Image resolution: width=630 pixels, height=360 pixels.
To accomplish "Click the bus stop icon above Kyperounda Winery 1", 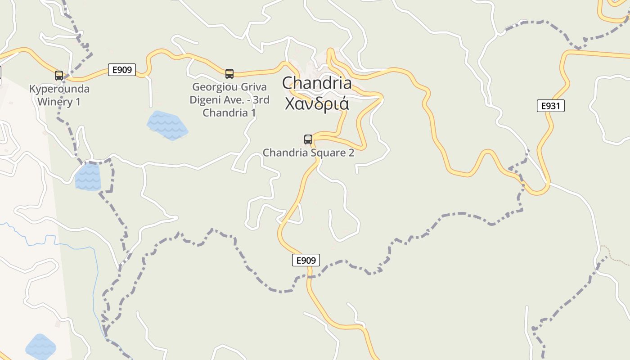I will pyautogui.click(x=59, y=75).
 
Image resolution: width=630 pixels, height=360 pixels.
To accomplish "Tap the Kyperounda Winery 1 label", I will pyautogui.click(x=59, y=95).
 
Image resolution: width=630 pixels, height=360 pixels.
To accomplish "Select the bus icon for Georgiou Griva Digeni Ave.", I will pyautogui.click(x=229, y=73).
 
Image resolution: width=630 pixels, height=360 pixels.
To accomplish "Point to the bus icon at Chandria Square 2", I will pyautogui.click(x=308, y=139).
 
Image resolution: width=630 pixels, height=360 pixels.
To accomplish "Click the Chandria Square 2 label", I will pyautogui.click(x=308, y=153).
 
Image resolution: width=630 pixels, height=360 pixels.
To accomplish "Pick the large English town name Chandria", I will pyautogui.click(x=317, y=83).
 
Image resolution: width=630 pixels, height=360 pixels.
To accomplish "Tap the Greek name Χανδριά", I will pyautogui.click(x=317, y=103).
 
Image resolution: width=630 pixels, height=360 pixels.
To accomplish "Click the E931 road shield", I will pyautogui.click(x=550, y=106).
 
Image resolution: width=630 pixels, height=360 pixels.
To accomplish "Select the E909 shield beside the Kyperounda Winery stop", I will pyautogui.click(x=122, y=70).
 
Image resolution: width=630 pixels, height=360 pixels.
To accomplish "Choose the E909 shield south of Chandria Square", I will pyautogui.click(x=306, y=260).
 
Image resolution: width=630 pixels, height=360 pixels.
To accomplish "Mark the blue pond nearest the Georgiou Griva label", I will pyautogui.click(x=166, y=125).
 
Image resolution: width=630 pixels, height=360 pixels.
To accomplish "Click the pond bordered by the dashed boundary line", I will pyautogui.click(x=88, y=176).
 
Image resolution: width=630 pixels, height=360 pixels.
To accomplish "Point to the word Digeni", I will pyautogui.click(x=207, y=100).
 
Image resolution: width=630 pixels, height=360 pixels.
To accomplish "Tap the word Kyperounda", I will pyautogui.click(x=59, y=89).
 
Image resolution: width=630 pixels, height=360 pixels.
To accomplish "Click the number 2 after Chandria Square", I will pyautogui.click(x=351, y=153).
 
